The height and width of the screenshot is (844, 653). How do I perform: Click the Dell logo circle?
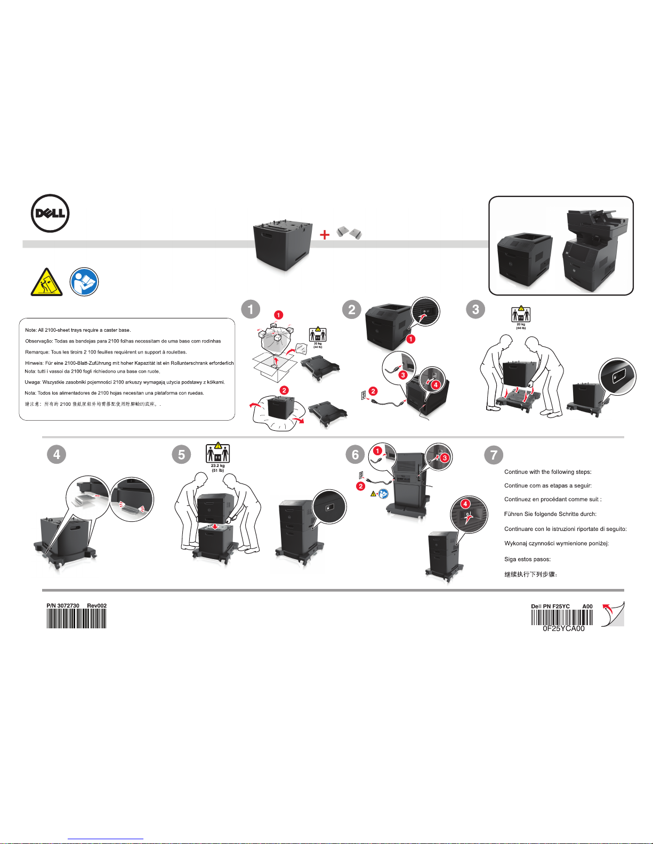[x=50, y=214]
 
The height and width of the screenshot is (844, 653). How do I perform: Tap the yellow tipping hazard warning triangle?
[x=47, y=283]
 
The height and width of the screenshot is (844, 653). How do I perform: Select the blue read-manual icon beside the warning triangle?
[x=84, y=282]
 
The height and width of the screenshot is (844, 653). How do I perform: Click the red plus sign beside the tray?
[x=325, y=235]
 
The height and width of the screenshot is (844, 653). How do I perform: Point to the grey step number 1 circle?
[x=251, y=309]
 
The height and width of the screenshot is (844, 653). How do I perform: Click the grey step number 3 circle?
[x=475, y=309]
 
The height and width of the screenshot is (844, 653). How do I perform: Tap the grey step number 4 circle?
[x=57, y=454]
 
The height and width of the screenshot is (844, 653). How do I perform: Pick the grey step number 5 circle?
[x=181, y=454]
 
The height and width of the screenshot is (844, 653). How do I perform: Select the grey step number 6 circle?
[x=355, y=454]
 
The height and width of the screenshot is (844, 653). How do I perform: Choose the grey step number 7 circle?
[x=494, y=455]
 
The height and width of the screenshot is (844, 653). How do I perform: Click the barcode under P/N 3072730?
[x=76, y=618]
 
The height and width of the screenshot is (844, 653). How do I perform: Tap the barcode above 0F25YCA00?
[x=562, y=617]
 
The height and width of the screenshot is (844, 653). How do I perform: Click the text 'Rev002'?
[x=97, y=605]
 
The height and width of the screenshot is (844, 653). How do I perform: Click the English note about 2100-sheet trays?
[x=78, y=330]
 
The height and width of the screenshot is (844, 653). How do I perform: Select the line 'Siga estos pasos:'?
[x=527, y=559]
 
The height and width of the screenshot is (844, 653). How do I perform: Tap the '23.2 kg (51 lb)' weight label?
[x=217, y=468]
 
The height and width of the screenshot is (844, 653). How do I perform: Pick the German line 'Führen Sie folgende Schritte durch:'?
[x=550, y=514]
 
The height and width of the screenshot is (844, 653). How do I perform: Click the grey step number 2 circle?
[x=352, y=309]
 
